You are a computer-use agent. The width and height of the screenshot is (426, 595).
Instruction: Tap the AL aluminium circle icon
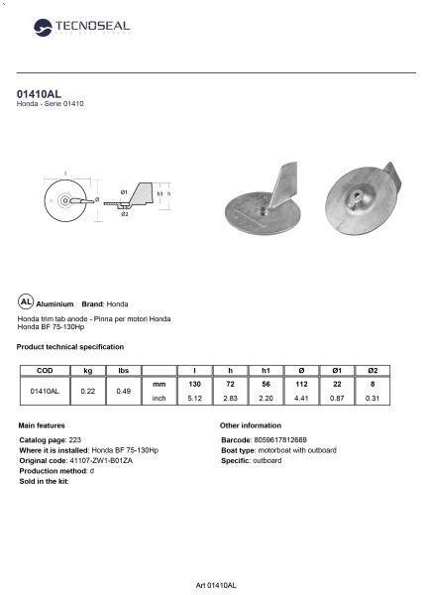[26, 301]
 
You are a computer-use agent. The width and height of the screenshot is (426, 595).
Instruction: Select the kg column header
[88, 370]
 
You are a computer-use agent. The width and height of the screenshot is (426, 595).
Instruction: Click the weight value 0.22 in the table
[88, 391]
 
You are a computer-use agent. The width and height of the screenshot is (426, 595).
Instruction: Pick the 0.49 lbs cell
[124, 391]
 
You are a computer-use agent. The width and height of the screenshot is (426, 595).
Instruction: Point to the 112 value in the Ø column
[301, 383]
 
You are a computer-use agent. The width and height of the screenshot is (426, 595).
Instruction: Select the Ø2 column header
[373, 370]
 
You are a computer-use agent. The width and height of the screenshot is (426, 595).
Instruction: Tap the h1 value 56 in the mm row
[266, 383]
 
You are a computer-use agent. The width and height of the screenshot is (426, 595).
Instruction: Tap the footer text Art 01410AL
[214, 585]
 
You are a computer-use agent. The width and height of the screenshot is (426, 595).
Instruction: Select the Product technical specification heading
[71, 346]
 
